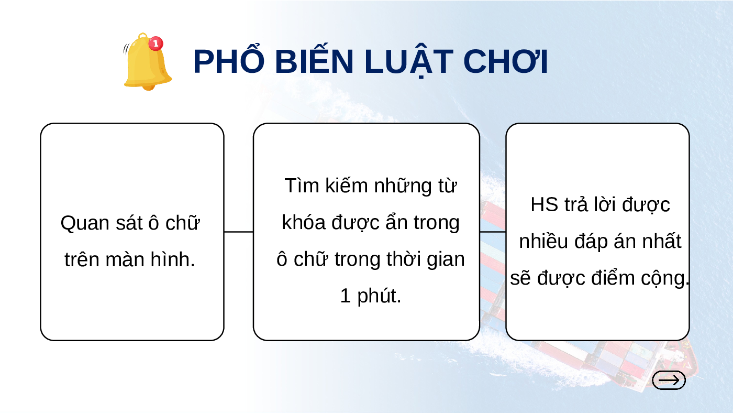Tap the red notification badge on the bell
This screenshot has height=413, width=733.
coord(156,43)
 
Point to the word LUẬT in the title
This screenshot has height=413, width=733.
coord(409,62)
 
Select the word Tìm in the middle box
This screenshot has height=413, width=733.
coord(302,186)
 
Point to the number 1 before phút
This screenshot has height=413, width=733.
coord(346,296)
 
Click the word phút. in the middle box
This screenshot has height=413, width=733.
coord(379,297)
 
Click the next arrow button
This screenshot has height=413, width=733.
coord(669,381)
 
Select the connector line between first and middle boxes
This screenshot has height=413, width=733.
coord(239,232)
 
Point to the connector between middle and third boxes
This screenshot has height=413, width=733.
coord(493,232)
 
